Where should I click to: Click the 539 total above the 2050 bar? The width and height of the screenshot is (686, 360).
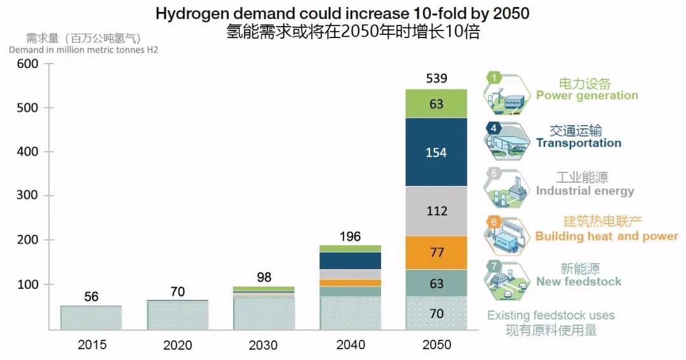pyautogui.click(x=436, y=79)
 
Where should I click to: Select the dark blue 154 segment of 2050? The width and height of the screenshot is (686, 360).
pyautogui.click(x=436, y=152)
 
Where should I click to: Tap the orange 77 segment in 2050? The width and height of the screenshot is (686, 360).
pyautogui.click(x=436, y=253)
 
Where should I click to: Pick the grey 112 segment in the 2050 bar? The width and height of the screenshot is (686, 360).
pyautogui.click(x=436, y=211)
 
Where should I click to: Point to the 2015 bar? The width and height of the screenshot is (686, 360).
pyautogui.click(x=91, y=317)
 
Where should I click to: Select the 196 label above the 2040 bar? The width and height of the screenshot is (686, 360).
pyautogui.click(x=350, y=237)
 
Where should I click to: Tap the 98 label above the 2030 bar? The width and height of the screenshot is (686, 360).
pyautogui.click(x=264, y=277)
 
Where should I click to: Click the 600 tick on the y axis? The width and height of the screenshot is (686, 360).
pyautogui.click(x=28, y=64)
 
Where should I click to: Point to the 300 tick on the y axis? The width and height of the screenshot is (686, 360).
pyautogui.click(x=28, y=196)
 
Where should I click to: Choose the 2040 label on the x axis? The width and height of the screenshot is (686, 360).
pyautogui.click(x=350, y=345)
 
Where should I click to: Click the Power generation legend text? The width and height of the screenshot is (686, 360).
pyautogui.click(x=587, y=95)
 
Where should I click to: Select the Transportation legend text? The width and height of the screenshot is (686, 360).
pyautogui.click(x=578, y=143)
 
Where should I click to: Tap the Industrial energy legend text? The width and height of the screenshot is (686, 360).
pyautogui.click(x=585, y=190)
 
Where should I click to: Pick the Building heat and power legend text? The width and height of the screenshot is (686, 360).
pyautogui.click(x=607, y=236)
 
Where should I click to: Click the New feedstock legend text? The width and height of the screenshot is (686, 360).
pyautogui.click(x=579, y=281)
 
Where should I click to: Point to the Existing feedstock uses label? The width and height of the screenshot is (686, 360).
pyautogui.click(x=551, y=316)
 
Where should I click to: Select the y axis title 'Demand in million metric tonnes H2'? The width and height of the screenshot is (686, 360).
pyautogui.click(x=83, y=50)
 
